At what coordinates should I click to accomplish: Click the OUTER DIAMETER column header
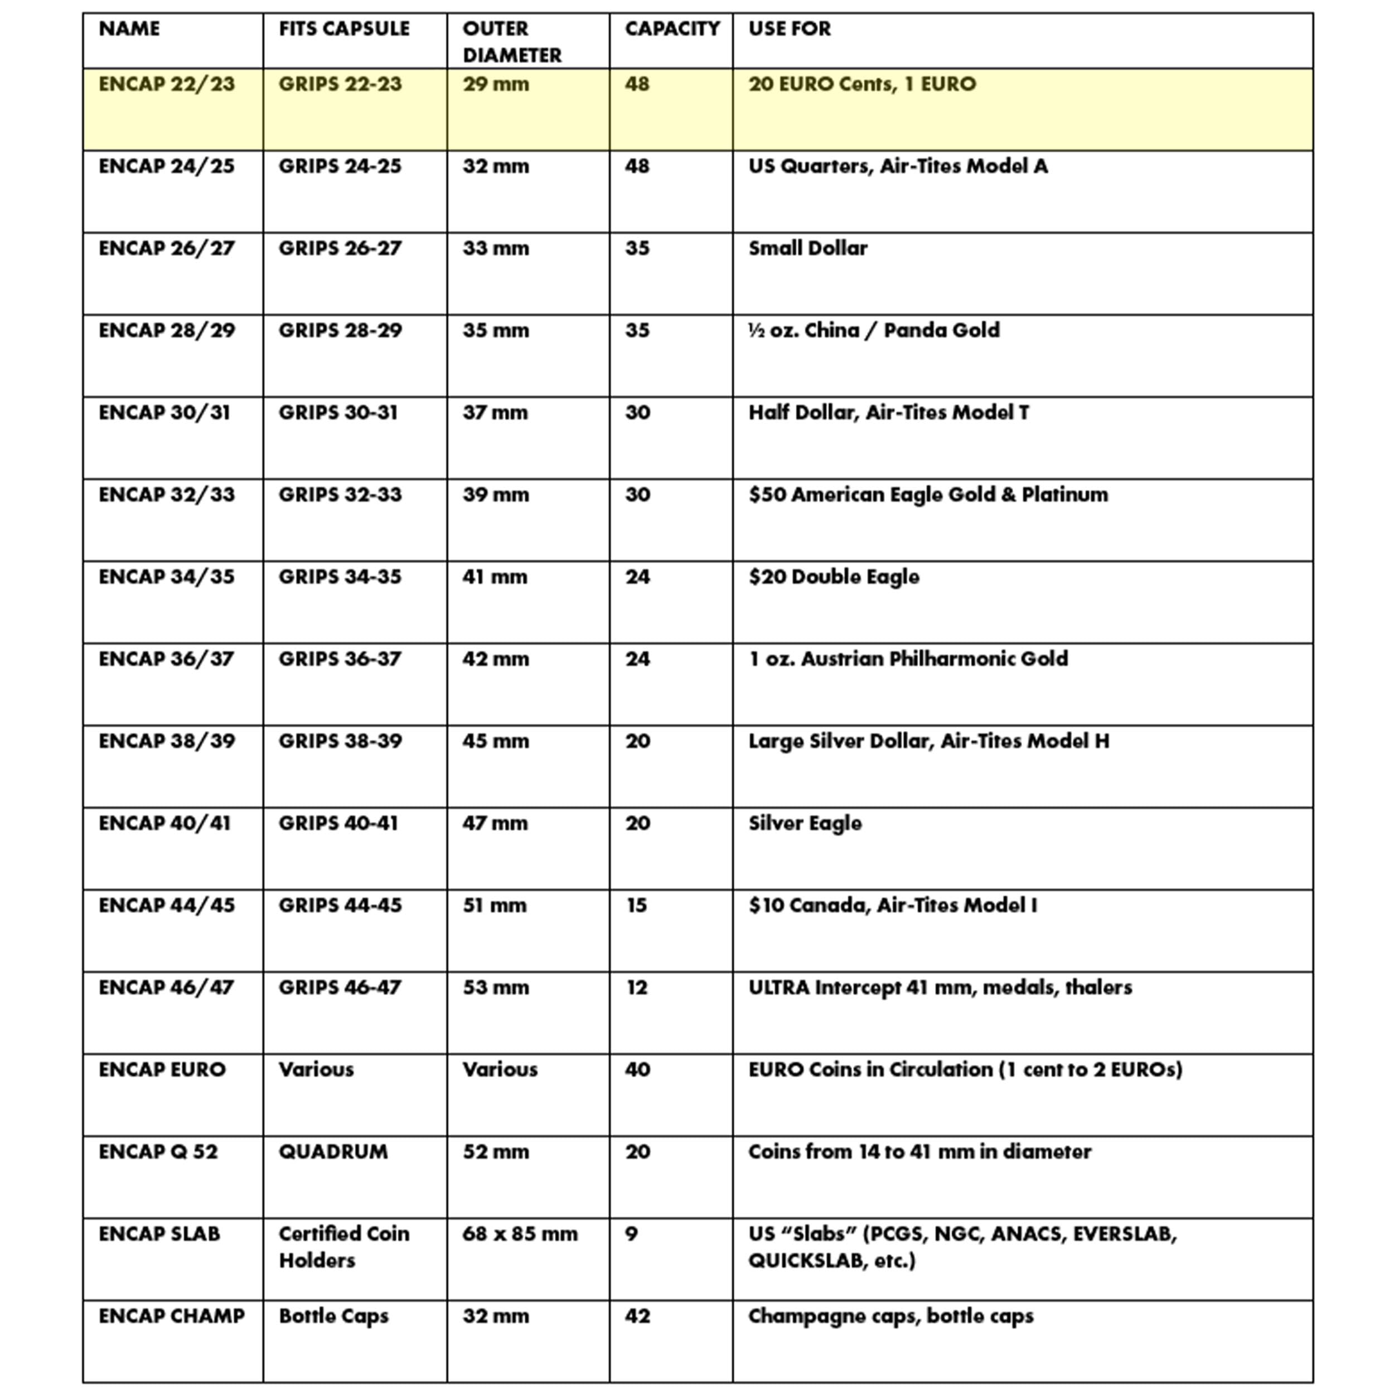(511, 42)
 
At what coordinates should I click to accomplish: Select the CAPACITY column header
(672, 29)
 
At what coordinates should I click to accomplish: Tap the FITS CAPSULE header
(343, 29)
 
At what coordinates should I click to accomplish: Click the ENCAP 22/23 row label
(167, 84)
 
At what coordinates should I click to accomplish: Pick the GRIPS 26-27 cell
(340, 249)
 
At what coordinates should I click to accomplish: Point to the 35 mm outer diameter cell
(496, 331)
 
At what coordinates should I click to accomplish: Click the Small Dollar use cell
(807, 249)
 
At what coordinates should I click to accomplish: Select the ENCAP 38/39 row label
(167, 742)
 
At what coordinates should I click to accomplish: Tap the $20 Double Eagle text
(834, 577)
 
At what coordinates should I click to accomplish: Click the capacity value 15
(636, 906)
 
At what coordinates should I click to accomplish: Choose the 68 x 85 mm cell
(520, 1235)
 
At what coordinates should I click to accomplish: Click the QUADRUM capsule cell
(333, 1153)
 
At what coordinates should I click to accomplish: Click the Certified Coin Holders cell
(343, 1247)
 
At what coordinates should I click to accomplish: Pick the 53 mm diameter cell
(496, 988)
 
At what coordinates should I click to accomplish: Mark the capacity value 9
(631, 1235)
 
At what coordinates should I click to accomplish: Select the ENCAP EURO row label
(162, 1070)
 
